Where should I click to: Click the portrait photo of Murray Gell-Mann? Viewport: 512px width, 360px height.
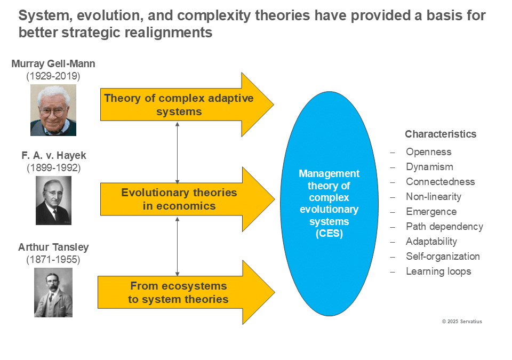click(53, 110)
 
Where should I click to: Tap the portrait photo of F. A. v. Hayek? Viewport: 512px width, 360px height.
click(53, 201)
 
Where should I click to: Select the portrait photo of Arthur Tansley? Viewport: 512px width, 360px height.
click(53, 292)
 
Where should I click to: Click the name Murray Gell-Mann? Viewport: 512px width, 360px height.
click(53, 63)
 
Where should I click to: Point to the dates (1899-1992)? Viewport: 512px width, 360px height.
click(53, 167)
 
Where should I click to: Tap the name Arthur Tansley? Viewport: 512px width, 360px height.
click(53, 247)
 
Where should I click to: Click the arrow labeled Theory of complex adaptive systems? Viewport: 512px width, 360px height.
click(187, 105)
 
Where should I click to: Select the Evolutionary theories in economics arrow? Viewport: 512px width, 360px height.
click(187, 199)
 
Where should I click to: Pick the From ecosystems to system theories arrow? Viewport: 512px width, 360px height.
click(186, 292)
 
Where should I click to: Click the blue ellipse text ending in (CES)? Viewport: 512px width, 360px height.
click(329, 203)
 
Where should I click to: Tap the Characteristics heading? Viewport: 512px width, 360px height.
click(441, 134)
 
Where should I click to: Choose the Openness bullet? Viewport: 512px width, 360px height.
click(428, 152)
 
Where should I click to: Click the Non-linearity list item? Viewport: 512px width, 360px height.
click(433, 197)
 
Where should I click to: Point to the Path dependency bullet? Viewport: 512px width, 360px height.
click(444, 226)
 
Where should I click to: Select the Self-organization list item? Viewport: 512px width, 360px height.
click(443, 257)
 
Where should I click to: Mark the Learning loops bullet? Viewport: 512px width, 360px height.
click(438, 271)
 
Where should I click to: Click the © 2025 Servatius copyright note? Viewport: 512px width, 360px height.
click(462, 322)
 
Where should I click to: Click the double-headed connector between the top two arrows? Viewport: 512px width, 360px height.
click(177, 153)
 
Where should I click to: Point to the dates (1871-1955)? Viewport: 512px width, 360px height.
click(53, 259)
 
